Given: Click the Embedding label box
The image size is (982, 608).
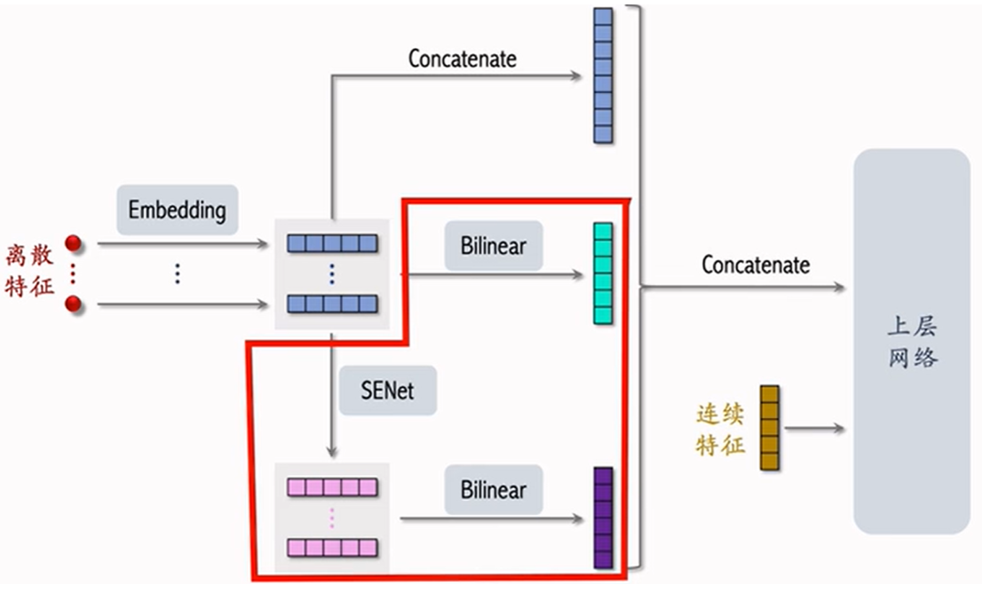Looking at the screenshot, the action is pos(178,209).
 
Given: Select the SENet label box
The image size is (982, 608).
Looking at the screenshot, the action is pos(388,391).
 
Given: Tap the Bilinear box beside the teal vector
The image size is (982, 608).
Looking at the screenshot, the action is pos(494,246).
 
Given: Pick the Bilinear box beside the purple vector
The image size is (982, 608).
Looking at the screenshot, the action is pos(494,490).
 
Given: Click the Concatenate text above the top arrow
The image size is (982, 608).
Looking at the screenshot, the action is pos(463,59).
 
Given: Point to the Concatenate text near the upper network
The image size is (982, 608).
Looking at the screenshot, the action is pos(756,265).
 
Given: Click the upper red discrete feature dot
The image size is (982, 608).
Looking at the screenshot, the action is pos(74,243).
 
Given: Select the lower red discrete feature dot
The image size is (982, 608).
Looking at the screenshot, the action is pos(74,304).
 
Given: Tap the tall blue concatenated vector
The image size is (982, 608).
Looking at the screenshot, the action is pos(603,75).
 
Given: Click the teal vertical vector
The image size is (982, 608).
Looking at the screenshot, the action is pos(603,273).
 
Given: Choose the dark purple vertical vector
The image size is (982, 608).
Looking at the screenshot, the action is pos(603,517).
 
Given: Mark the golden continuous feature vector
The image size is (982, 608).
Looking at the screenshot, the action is pos(770,428).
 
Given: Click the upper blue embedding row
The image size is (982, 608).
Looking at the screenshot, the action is pos(333,243).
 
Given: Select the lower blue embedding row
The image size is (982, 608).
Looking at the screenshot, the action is pos(333,304).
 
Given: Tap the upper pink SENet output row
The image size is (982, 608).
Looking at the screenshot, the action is pos(333,487).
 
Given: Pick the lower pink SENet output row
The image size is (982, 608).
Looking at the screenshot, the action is pos(333,548).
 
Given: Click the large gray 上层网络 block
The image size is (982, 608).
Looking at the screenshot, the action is pos(912,341).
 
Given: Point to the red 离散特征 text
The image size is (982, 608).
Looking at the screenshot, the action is pos(29,271).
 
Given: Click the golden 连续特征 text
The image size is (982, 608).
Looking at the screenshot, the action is pos(720,430).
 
